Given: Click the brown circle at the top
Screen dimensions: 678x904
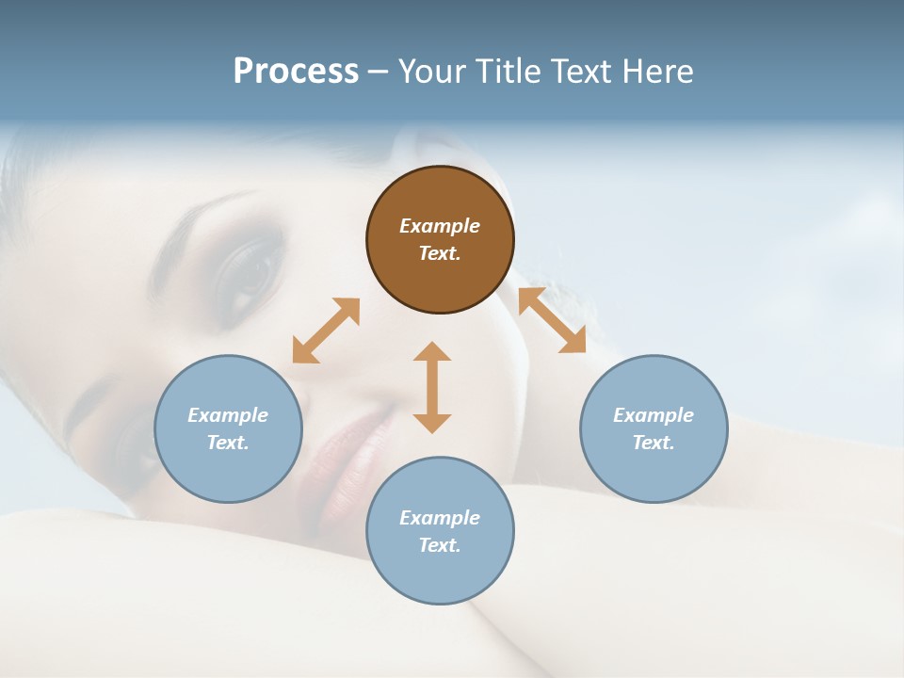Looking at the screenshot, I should (x=440, y=239).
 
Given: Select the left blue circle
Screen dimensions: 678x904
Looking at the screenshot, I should (x=228, y=428).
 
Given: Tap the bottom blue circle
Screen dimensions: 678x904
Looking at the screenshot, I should (x=440, y=530).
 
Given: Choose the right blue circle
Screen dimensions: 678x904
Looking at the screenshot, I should (x=654, y=428).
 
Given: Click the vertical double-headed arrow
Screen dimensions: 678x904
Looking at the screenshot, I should (x=432, y=387).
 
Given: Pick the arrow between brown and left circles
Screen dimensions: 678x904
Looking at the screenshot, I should (x=326, y=331).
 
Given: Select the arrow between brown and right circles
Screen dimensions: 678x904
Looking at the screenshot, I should (x=552, y=321).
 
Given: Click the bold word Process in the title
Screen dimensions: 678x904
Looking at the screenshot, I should (x=296, y=71).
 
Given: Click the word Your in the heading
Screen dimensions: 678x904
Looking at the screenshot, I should (x=432, y=71).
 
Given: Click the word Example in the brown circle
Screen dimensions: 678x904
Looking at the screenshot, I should (x=440, y=226).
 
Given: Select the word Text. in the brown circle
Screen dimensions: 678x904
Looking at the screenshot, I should (x=440, y=253).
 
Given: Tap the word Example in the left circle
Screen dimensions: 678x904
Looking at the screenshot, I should (x=228, y=415).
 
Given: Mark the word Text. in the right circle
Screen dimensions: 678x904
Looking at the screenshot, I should (x=654, y=443).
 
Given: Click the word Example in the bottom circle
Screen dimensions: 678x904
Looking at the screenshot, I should (x=440, y=518).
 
